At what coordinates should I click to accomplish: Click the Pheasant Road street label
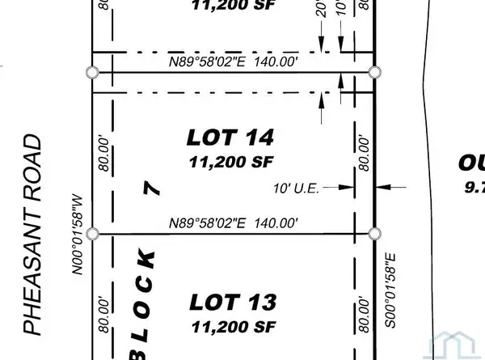pyautogui.click(x=32, y=235)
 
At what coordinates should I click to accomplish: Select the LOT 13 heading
pyautogui.click(x=233, y=303)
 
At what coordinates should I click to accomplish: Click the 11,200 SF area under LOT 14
pyautogui.click(x=229, y=162)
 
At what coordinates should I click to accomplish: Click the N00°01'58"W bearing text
pyautogui.click(x=79, y=235)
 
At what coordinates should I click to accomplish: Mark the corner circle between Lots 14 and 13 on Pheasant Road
pyautogui.click(x=93, y=234)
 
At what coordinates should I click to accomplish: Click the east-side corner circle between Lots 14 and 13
pyautogui.click(x=374, y=234)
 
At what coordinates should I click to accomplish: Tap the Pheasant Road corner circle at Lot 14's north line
pyautogui.click(x=93, y=73)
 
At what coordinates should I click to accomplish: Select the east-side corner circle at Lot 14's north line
pyautogui.click(x=374, y=73)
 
